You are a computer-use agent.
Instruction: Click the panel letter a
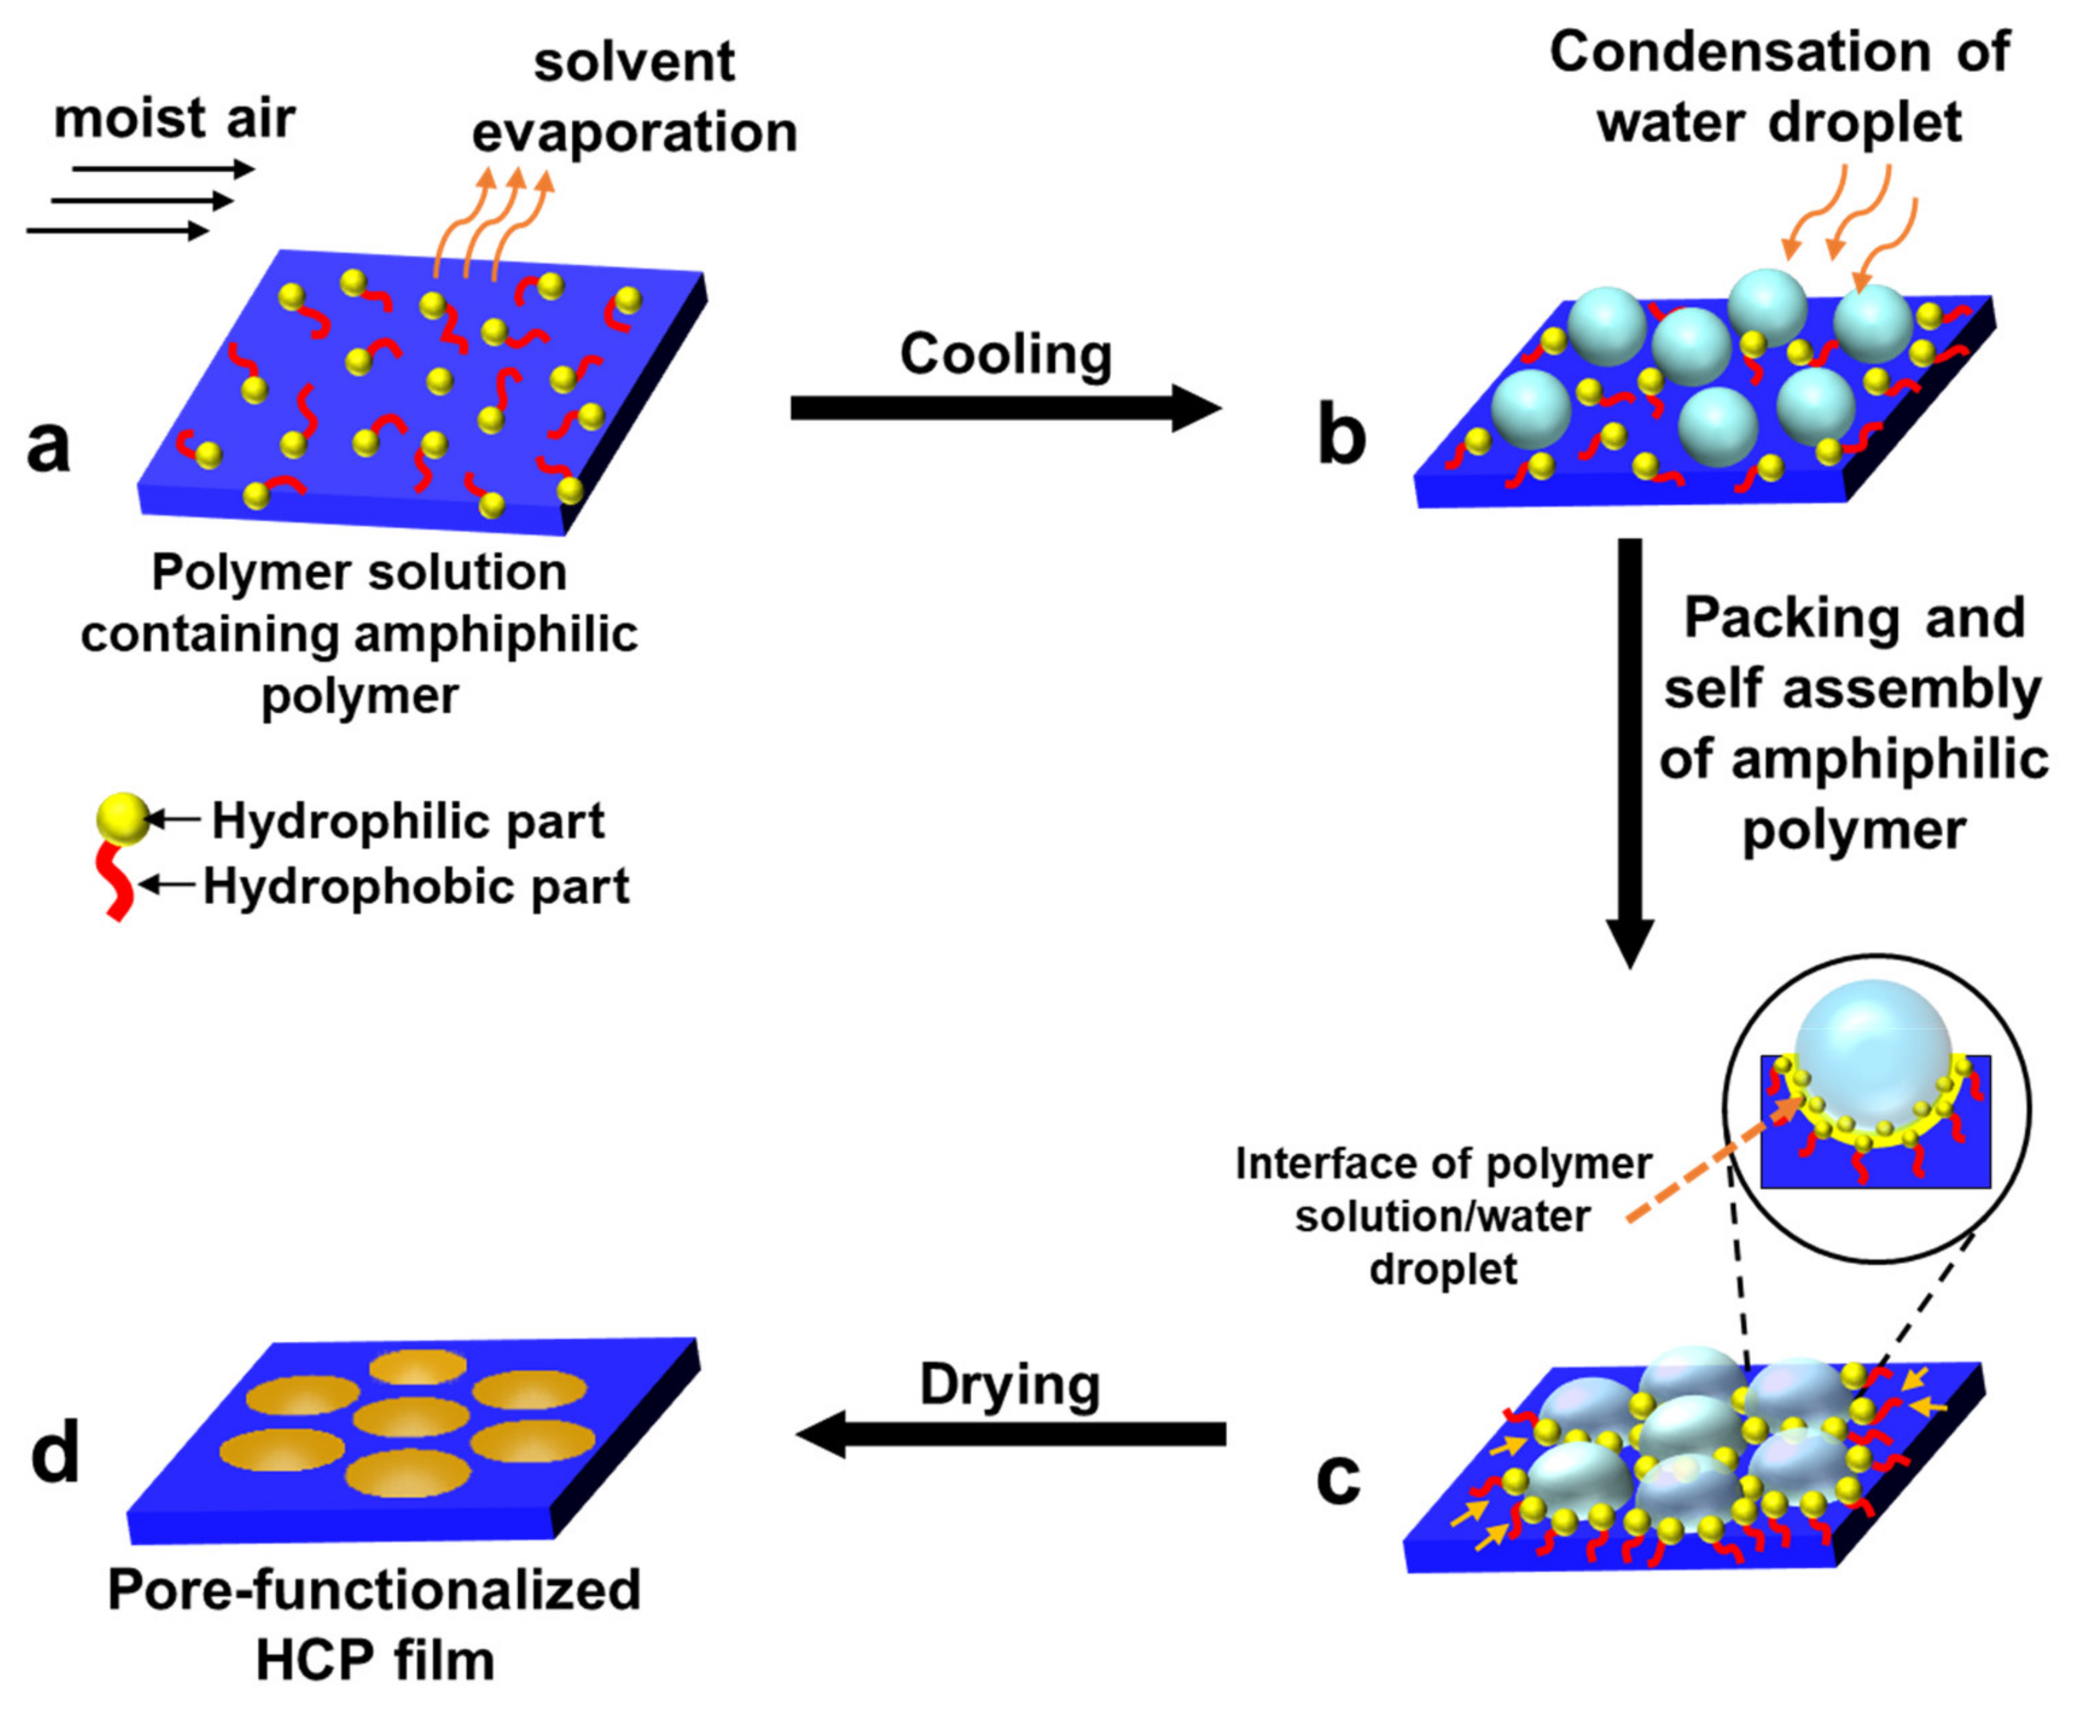(x=48, y=445)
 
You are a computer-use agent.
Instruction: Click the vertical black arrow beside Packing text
(x=1630, y=749)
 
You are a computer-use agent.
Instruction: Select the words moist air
(x=174, y=118)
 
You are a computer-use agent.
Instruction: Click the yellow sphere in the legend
(x=123, y=818)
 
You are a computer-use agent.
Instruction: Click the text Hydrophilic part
(x=408, y=821)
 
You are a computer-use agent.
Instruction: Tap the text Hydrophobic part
(x=415, y=887)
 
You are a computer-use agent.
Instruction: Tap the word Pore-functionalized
(x=374, y=1590)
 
